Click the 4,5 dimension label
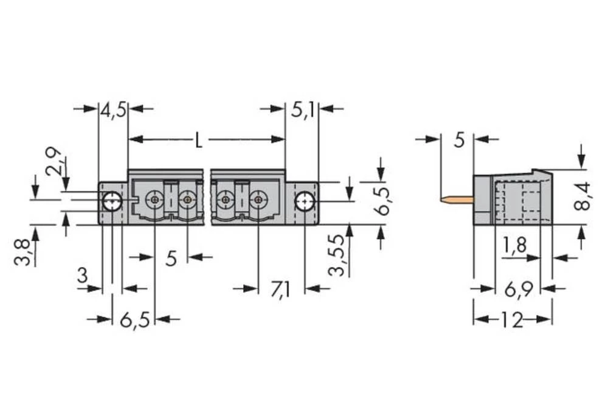point(113,110)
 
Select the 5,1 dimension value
point(302,110)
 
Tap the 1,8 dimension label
point(514,246)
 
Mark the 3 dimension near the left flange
point(82,277)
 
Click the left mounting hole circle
point(111,201)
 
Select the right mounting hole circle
point(304,201)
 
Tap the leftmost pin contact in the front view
point(156,200)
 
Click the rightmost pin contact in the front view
point(259,200)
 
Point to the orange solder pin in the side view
point(456,199)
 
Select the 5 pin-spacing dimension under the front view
point(171,259)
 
